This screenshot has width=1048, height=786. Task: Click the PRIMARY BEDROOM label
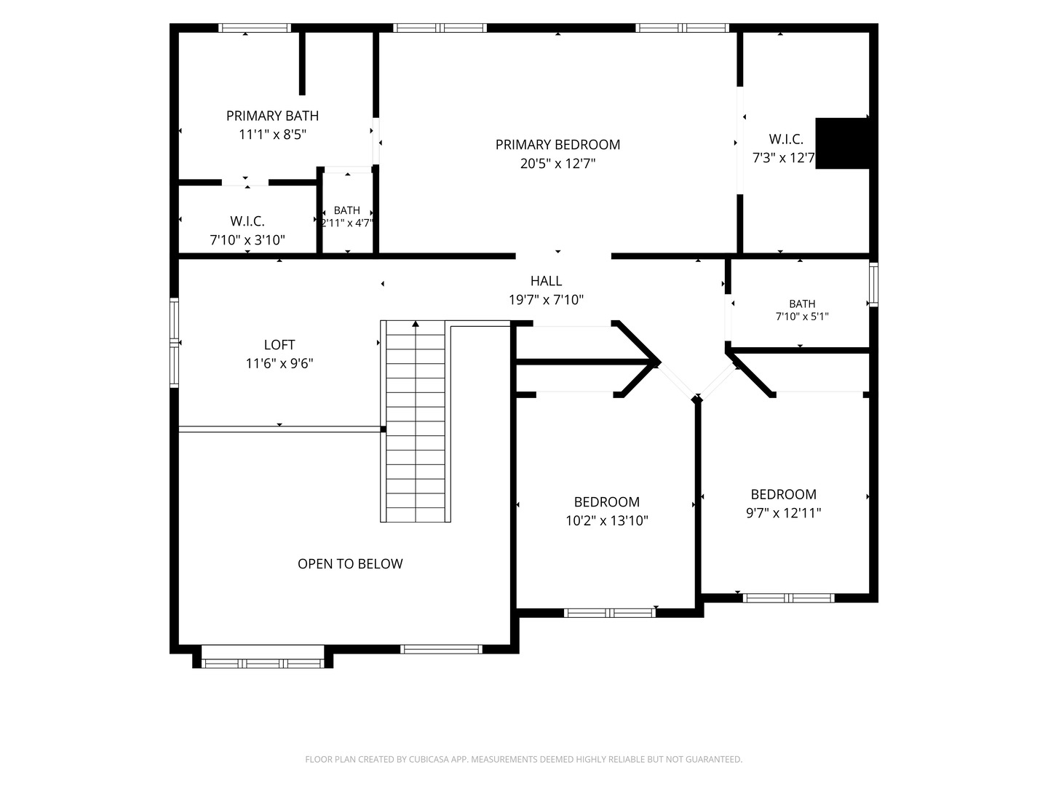point(557,145)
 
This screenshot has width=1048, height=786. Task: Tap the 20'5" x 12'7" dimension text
point(557,164)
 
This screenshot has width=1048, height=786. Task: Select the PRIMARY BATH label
point(272,116)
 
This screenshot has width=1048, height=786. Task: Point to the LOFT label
point(279,344)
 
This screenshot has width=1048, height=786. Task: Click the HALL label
point(547,281)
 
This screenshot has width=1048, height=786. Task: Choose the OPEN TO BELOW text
point(350,563)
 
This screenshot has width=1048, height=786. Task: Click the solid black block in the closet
point(842,143)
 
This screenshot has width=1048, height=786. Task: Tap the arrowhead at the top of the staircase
point(416,324)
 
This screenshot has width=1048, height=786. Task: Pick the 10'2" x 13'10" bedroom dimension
point(607,520)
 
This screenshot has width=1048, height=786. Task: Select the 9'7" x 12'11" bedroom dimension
point(784,513)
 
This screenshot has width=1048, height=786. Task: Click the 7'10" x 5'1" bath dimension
point(802,317)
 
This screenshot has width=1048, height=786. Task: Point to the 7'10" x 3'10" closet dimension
point(247,240)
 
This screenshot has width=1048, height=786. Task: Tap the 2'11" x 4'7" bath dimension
point(347,223)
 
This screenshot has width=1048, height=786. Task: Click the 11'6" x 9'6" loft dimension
point(279,364)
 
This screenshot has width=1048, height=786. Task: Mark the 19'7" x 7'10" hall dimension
point(547,300)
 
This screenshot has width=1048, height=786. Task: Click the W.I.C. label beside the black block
point(786,139)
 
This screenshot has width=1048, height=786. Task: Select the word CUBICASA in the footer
point(428,759)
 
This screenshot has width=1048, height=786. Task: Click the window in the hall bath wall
point(873,285)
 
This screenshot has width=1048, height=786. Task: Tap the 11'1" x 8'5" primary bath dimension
point(272,135)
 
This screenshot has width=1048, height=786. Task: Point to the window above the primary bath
point(255,28)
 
